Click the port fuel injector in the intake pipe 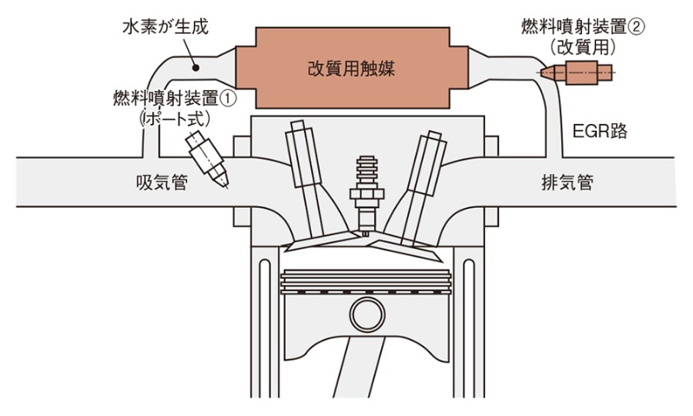[x=209, y=155]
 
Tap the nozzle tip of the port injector [x=227, y=182]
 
